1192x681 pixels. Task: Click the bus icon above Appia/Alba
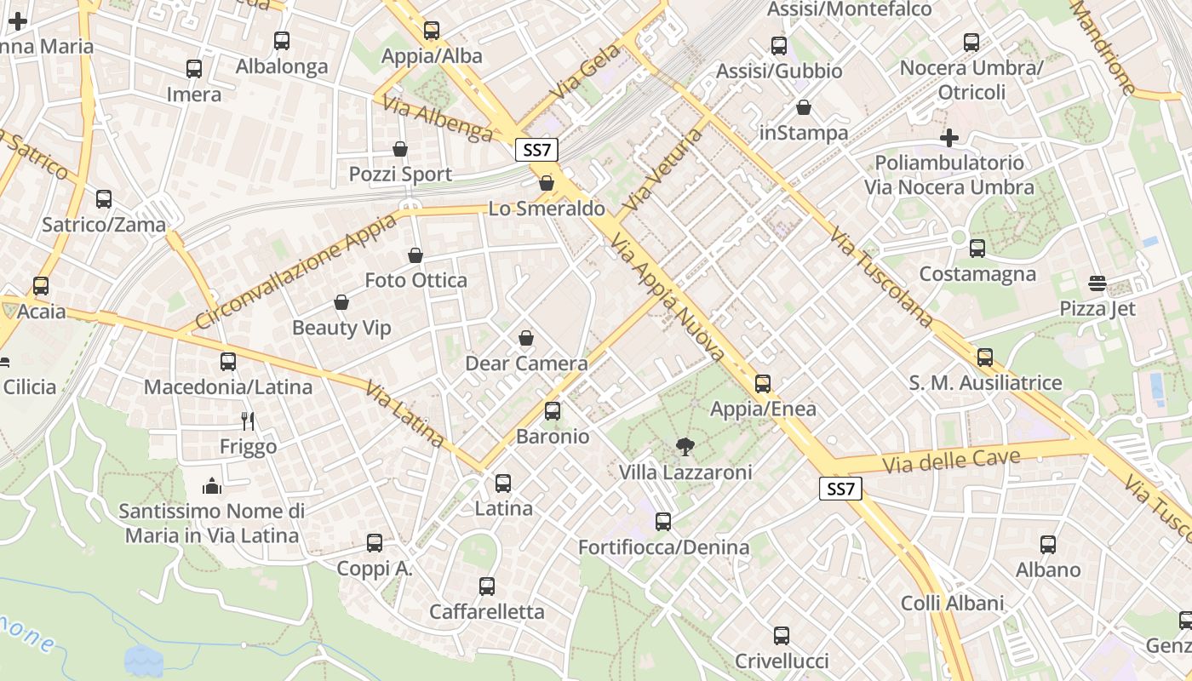click(432, 31)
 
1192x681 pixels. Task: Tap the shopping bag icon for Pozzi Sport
click(400, 150)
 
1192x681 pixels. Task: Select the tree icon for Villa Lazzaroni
click(684, 447)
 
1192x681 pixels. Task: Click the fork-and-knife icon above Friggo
click(248, 421)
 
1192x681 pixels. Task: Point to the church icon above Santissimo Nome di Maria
click(212, 486)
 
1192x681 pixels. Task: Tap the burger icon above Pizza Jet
click(1097, 283)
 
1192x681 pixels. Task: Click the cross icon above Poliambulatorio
click(949, 138)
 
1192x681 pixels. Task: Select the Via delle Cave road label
click(951, 461)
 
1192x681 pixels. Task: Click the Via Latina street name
click(404, 415)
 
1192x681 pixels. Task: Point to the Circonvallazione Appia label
click(295, 272)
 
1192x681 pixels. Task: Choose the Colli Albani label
click(953, 603)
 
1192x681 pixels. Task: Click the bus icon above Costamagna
click(977, 249)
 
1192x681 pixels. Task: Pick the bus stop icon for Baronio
click(553, 411)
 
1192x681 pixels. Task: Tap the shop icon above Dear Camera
click(526, 339)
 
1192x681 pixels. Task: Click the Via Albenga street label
click(438, 118)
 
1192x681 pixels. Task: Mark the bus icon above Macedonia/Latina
click(228, 362)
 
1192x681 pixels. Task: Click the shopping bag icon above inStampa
click(804, 107)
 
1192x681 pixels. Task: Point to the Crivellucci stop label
click(782, 661)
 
